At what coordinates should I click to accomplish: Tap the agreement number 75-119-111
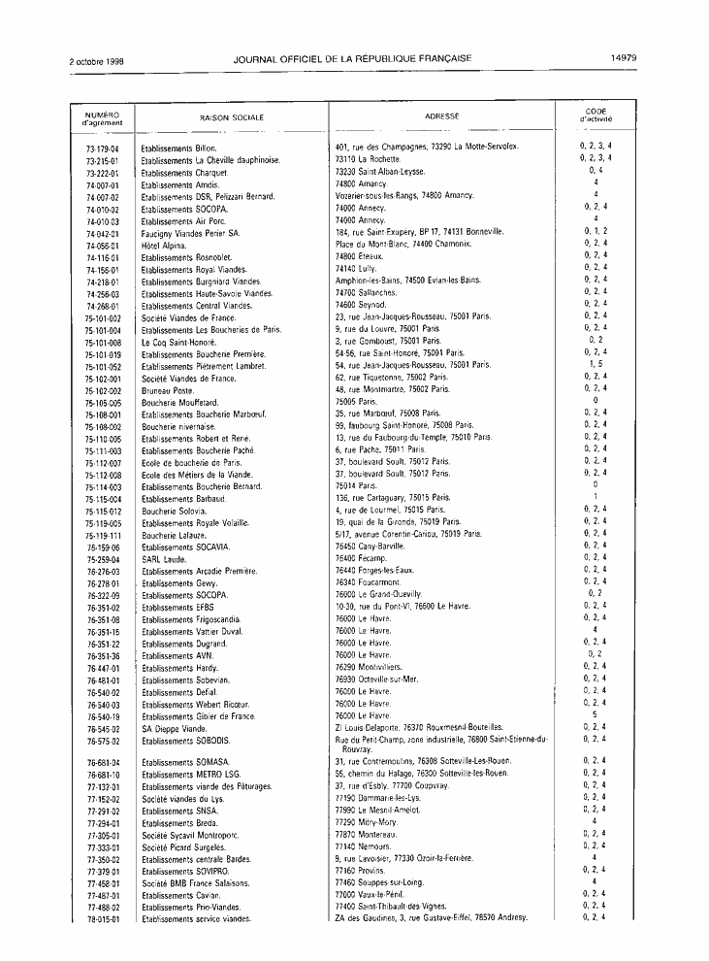102,534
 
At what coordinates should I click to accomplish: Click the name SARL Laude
164,558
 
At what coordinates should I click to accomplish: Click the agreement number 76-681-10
102,774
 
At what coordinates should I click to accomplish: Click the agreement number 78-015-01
102,918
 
